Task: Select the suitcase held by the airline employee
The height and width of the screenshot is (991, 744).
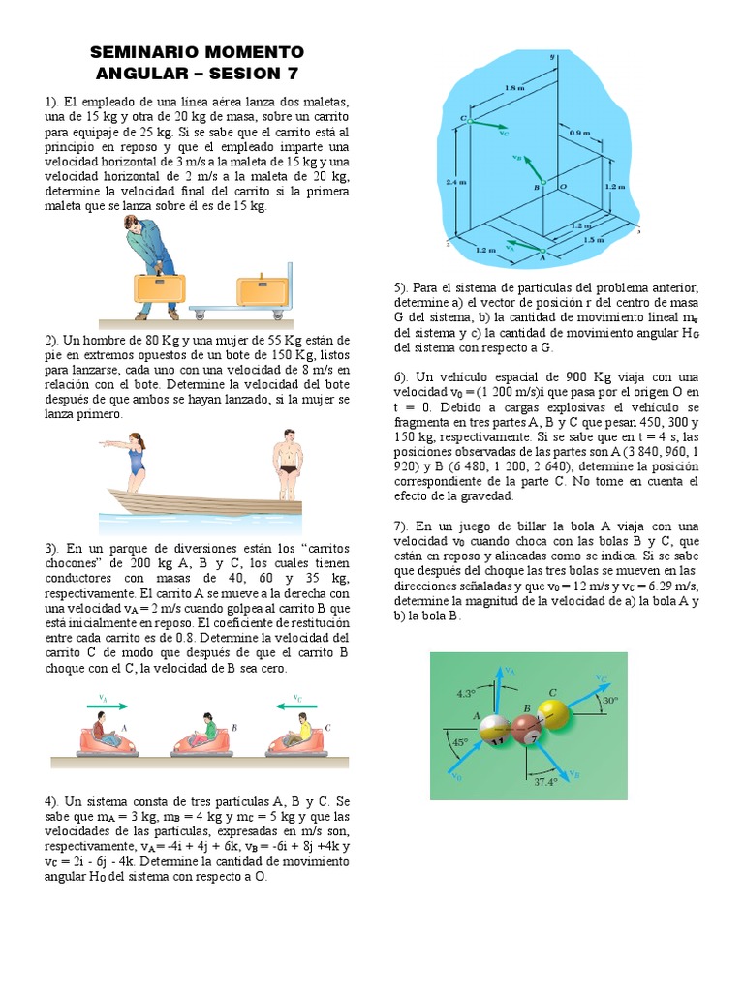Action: [x=159, y=287]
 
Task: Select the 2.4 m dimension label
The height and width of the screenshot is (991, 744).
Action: [x=453, y=180]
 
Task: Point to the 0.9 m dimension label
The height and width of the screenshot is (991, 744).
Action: [x=580, y=132]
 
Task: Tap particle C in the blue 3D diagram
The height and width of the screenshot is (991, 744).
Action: [x=465, y=121]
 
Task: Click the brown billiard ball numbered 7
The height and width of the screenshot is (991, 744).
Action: [x=526, y=733]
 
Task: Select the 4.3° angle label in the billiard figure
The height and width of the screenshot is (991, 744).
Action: [x=467, y=692]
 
